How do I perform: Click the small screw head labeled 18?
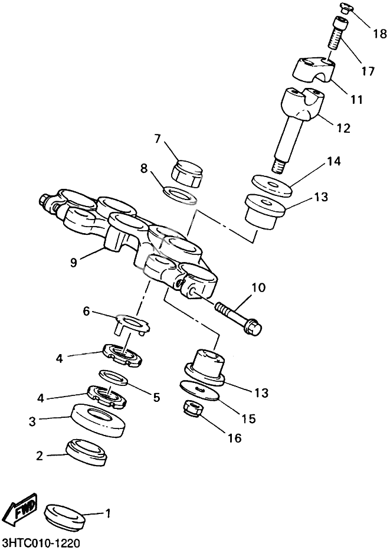tap(346, 8)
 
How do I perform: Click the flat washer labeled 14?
tap(272, 184)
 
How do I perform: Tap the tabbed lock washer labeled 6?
tap(132, 323)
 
